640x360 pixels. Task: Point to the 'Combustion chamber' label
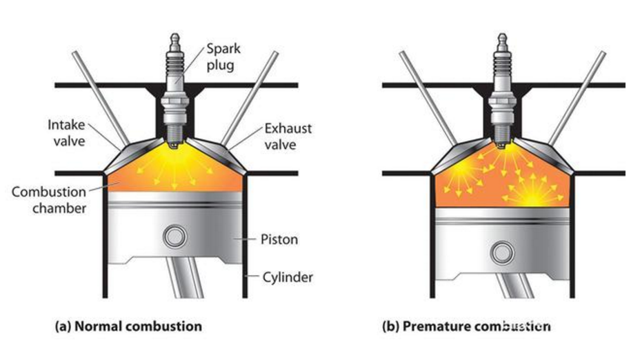[x=49, y=199]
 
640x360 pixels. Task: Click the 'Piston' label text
[x=280, y=240]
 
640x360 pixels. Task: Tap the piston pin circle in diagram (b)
[x=502, y=253]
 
